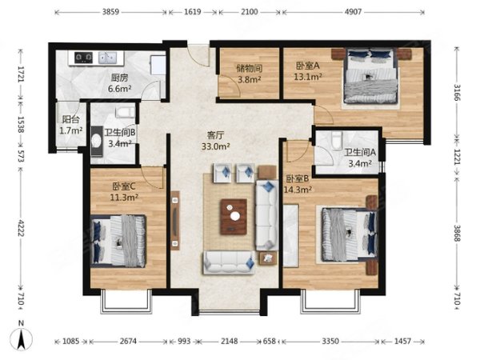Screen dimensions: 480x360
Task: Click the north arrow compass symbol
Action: point(21,339)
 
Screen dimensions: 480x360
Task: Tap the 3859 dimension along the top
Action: point(110,12)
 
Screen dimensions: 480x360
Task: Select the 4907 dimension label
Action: point(353,12)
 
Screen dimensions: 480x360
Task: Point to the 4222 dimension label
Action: point(21,227)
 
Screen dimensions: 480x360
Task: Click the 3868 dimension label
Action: point(457,233)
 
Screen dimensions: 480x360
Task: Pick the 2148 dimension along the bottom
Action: point(229,341)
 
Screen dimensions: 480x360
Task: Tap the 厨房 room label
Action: point(120,78)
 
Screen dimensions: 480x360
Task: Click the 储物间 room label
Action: point(249,68)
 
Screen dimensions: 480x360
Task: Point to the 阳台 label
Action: point(70,119)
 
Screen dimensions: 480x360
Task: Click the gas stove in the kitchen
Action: point(83,58)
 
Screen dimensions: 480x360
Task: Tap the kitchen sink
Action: point(107,58)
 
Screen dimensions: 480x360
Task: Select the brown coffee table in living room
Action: point(234,217)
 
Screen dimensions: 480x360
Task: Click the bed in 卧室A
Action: point(370,76)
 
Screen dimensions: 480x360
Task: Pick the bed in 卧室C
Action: point(118,241)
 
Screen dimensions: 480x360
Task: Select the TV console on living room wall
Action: point(174,221)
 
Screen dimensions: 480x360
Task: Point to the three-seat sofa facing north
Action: point(229,262)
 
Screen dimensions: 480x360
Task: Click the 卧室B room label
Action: point(297,178)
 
